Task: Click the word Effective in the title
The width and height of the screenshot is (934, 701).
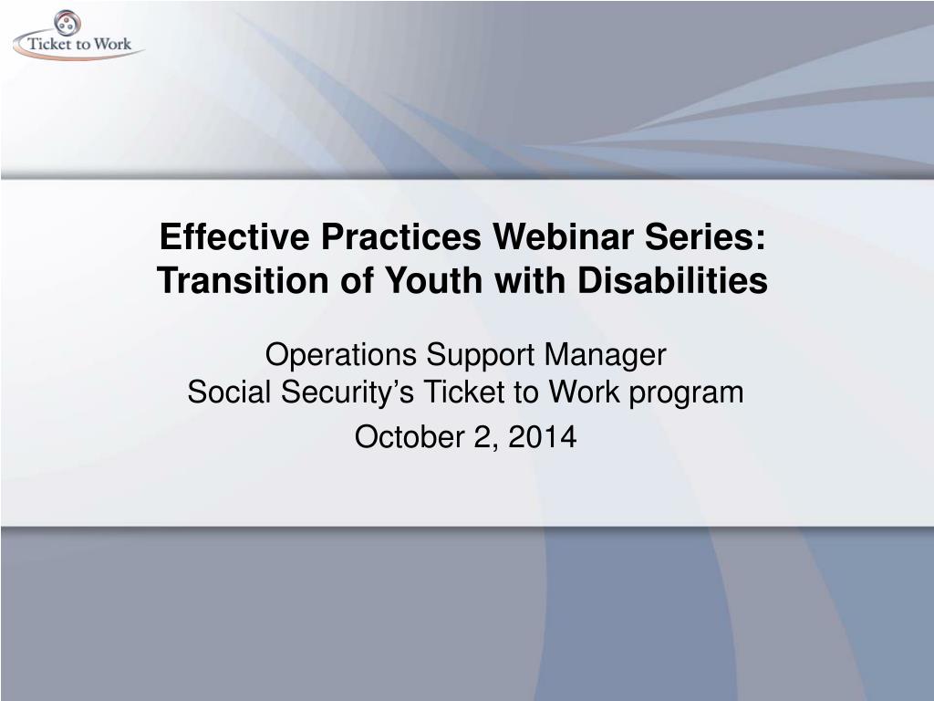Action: (x=234, y=236)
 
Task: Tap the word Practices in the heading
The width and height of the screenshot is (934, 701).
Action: (x=401, y=236)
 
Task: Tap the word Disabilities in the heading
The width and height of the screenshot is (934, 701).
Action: (x=673, y=279)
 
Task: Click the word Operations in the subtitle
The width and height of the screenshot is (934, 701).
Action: (x=341, y=355)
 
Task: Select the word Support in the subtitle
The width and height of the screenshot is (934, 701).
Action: (x=480, y=356)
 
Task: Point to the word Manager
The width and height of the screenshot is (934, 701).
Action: (x=606, y=356)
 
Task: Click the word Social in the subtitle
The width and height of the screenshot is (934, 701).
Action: (x=229, y=392)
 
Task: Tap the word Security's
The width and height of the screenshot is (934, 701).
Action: (x=347, y=392)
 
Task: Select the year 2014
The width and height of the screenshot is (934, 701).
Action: (x=543, y=437)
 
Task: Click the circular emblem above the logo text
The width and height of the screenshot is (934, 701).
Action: (x=67, y=23)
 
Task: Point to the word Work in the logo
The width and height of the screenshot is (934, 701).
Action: (x=112, y=44)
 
